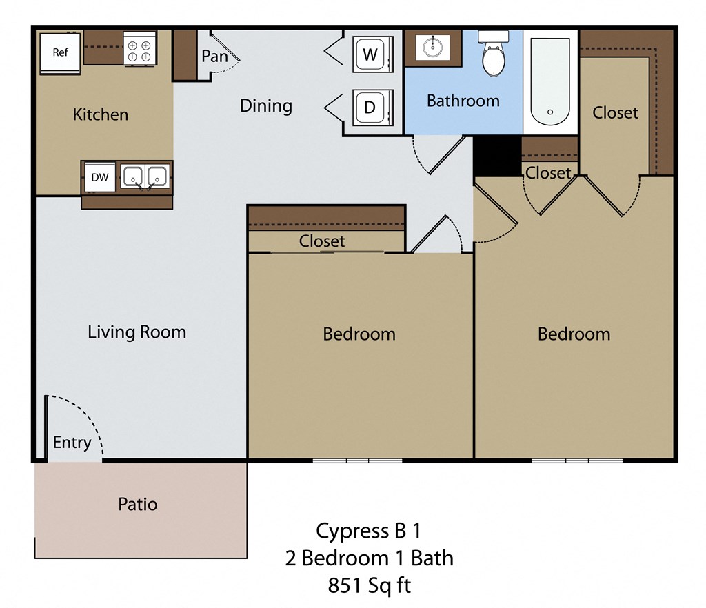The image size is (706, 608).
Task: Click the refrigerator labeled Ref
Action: (61, 52)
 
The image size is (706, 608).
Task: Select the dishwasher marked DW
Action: (100, 177)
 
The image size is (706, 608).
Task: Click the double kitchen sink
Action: (145, 177)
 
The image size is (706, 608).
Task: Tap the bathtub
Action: (550, 81)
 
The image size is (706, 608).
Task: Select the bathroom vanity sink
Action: (433, 48)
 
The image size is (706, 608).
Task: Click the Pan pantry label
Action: (214, 56)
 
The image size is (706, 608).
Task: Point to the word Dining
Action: (265, 105)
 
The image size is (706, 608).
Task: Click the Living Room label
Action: (137, 332)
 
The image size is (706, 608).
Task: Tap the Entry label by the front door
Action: (72, 443)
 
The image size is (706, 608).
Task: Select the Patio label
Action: (138, 504)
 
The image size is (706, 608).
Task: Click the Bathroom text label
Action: (463, 101)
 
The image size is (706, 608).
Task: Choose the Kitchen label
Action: (101, 114)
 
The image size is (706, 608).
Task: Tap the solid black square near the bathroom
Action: (496, 155)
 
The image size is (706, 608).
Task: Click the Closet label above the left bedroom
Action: (322, 241)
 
